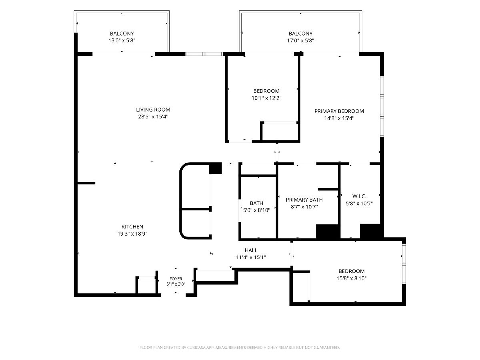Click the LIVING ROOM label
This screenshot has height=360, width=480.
pyautogui.click(x=153, y=110)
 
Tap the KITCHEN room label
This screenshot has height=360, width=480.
pyautogui.click(x=132, y=227)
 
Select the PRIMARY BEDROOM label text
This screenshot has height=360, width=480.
pyautogui.click(x=339, y=111)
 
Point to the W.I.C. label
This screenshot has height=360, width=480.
pyautogui.click(x=359, y=196)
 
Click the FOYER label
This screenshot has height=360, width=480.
pyautogui.click(x=176, y=279)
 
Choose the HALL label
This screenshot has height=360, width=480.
pyautogui.click(x=251, y=250)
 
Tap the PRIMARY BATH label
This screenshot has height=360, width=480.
pyautogui.click(x=304, y=200)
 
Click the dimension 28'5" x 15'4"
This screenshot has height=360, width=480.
pyautogui.click(x=153, y=116)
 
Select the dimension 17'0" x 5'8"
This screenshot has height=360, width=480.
pyautogui.click(x=300, y=40)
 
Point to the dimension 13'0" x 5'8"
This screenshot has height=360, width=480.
pyautogui.click(x=122, y=40)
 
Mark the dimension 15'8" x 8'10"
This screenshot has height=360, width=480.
pyautogui.click(x=352, y=278)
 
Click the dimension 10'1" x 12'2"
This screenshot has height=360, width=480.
pyautogui.click(x=266, y=98)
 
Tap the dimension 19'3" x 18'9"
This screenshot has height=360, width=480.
pyautogui.click(x=132, y=234)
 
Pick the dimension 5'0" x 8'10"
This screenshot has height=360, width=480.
pyautogui.click(x=256, y=210)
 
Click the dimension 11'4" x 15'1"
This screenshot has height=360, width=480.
pyautogui.click(x=251, y=257)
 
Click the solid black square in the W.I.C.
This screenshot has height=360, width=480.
pyautogui.click(x=372, y=232)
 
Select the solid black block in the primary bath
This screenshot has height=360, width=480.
pyautogui.click(x=328, y=232)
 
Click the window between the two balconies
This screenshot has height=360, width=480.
pyautogui.click(x=204, y=54)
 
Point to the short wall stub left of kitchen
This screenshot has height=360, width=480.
pyautogui.click(x=86, y=183)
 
